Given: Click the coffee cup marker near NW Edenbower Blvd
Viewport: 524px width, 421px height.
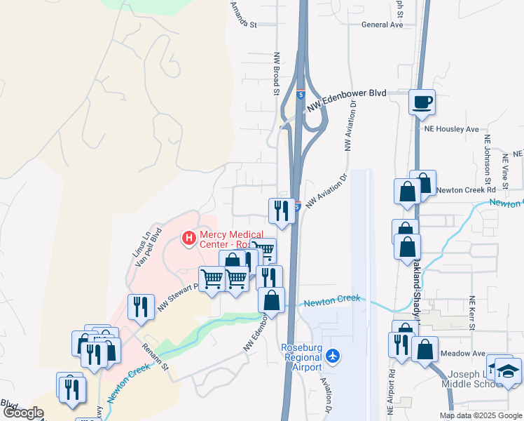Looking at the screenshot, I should pyautogui.click(x=422, y=102).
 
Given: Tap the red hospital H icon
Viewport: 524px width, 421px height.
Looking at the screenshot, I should pyautogui.click(x=188, y=239).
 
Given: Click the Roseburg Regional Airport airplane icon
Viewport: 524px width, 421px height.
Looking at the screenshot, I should pyautogui.click(x=333, y=356).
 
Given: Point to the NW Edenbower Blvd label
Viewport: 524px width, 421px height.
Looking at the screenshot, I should pyautogui.click(x=347, y=93).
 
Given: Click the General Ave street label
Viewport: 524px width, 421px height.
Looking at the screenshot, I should pyautogui.click(x=382, y=25).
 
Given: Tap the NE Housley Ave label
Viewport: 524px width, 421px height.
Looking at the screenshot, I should pyautogui.click(x=451, y=129).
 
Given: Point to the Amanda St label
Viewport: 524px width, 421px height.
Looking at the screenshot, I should pyautogui.click(x=244, y=14).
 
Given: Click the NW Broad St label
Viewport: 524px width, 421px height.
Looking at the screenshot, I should pyautogui.click(x=277, y=73).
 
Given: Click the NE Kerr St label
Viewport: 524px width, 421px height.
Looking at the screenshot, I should pyautogui.click(x=472, y=313).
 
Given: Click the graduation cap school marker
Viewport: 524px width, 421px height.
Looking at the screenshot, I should pyautogui.click(x=509, y=371).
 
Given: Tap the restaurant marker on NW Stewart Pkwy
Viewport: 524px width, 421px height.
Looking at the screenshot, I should pyautogui.click(x=141, y=307).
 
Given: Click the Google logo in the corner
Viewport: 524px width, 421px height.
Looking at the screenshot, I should pyautogui.click(x=24, y=413).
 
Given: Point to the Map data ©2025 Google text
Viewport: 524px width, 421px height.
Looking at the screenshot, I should pyautogui.click(x=480, y=415).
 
